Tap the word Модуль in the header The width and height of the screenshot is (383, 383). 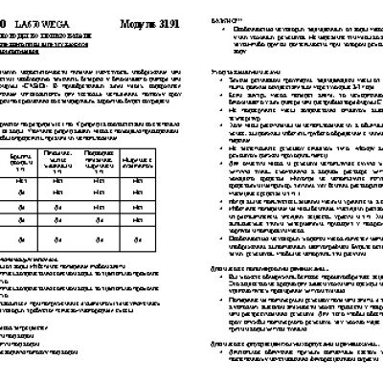coord(125,9)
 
